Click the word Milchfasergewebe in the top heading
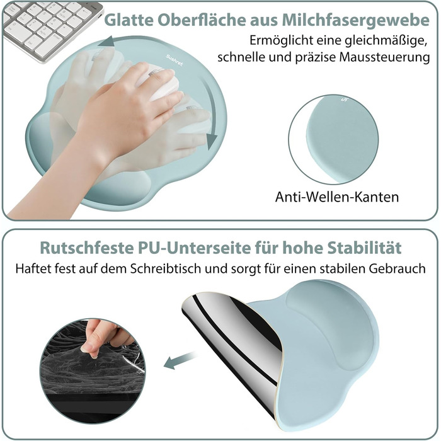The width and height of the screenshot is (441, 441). click(x=355, y=21)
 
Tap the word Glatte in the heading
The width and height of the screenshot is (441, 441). click(x=129, y=20)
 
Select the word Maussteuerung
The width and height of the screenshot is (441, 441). click(x=384, y=57)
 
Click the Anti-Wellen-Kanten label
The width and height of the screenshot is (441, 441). click(x=337, y=197)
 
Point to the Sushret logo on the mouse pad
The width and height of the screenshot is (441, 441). click(x=175, y=60)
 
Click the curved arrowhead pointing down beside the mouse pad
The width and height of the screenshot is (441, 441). click(x=212, y=141)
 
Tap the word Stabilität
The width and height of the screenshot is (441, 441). click(x=365, y=248)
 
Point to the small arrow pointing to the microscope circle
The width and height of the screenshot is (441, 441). click(x=180, y=360)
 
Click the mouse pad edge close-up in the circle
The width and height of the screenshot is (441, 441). click(x=334, y=139)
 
